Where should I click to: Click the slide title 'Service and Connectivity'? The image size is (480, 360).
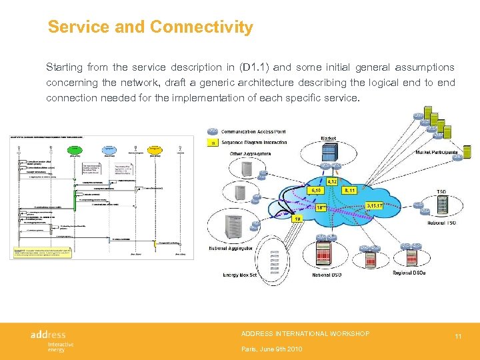tap(150, 27)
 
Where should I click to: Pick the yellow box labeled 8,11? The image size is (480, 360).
tap(350, 190)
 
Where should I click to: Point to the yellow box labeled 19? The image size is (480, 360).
tap(300, 218)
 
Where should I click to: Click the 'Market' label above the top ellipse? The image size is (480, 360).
tap(328, 139)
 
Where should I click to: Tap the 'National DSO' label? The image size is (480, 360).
tap(327, 275)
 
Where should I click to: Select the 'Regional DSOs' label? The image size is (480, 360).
tap(408, 273)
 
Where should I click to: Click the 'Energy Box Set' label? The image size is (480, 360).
tap(239, 275)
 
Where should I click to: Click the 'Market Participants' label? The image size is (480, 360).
tap(437, 152)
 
